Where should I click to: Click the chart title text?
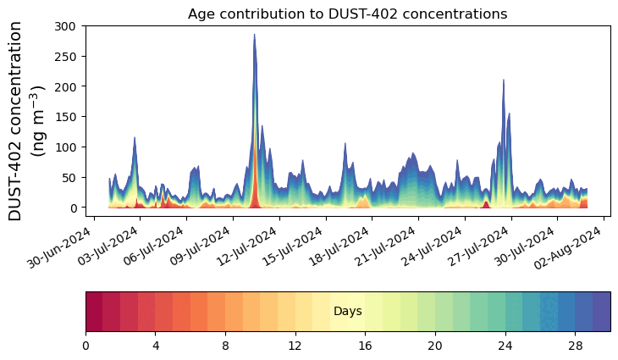pyautogui.click(x=347, y=14)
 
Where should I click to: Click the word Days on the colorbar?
pyautogui.click(x=348, y=312)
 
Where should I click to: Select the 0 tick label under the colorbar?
pyautogui.click(x=86, y=346)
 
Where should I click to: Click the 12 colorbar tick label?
pyautogui.click(x=295, y=346)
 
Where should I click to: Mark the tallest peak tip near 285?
pyautogui.click(x=254, y=35)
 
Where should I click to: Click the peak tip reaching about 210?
pyautogui.click(x=504, y=80)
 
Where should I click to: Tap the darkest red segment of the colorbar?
pyautogui.click(x=94, y=312)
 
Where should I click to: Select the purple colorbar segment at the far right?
pyautogui.click(x=602, y=312)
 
